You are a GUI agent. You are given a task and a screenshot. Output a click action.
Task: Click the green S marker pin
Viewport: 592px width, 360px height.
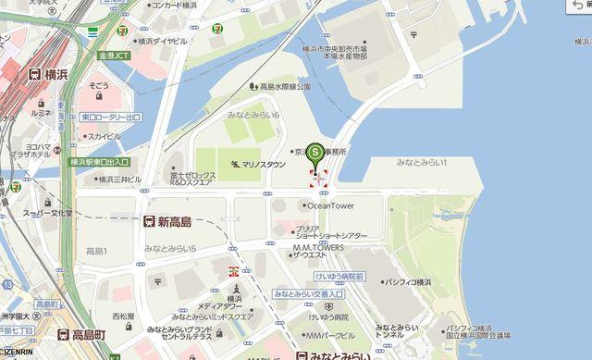[315, 151]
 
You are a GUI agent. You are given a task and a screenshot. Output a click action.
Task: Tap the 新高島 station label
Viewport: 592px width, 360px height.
[174, 222]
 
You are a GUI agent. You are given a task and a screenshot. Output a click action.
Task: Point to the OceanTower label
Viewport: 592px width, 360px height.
[330, 205]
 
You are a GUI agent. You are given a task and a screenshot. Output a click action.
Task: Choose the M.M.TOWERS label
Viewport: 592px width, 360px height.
[318, 247]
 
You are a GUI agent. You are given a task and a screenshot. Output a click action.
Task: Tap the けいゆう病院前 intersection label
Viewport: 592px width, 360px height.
[339, 277]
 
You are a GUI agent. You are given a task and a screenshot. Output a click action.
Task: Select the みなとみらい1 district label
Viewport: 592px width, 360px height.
[422, 163]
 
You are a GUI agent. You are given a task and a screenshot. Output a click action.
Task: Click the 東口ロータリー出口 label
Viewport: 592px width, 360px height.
[111, 118]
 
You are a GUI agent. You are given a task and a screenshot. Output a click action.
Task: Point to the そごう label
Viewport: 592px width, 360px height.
[99, 85]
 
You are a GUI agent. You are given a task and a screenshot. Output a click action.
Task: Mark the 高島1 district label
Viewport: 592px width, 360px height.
[96, 252]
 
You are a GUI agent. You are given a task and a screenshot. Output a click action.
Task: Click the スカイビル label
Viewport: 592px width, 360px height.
[104, 136]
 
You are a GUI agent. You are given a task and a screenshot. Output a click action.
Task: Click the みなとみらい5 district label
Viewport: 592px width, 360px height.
[170, 248]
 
